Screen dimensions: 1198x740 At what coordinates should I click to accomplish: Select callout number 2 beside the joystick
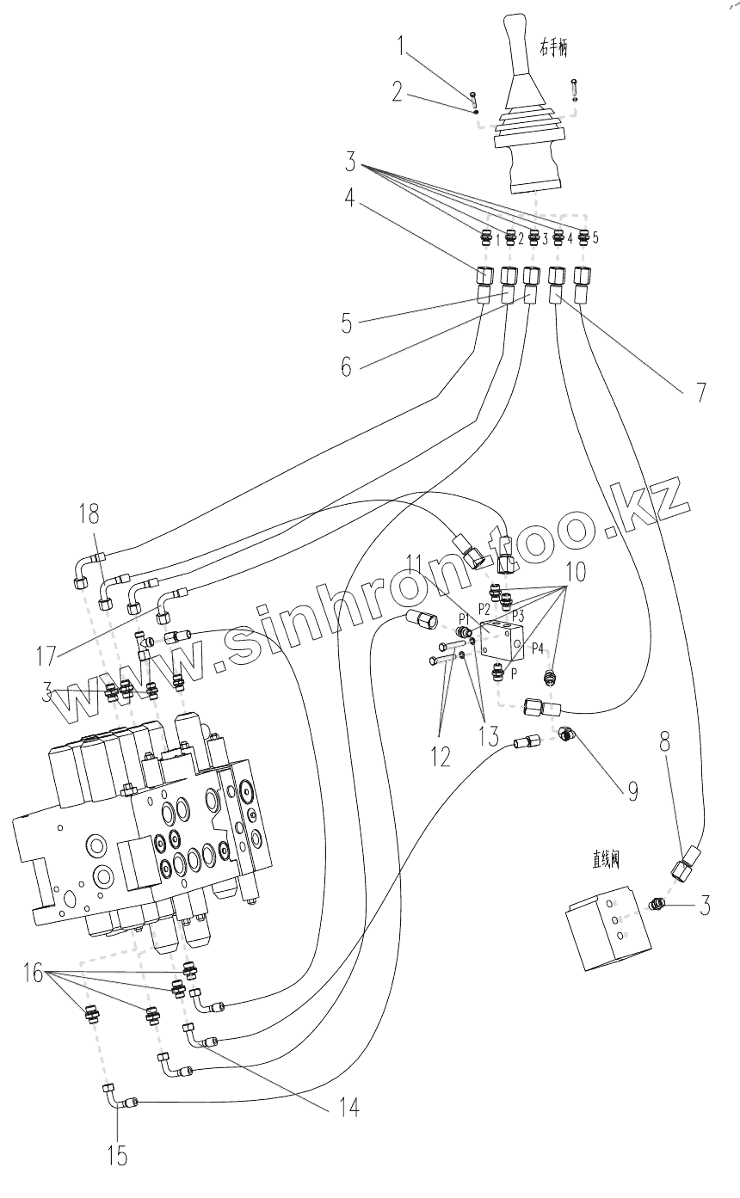[x=397, y=93]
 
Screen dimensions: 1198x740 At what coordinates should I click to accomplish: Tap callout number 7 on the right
[x=700, y=392]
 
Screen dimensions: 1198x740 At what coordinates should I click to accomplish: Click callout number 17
[x=46, y=655]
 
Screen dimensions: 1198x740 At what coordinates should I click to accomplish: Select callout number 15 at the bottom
[x=118, y=1157]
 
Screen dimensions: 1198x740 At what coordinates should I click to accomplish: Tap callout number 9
[x=632, y=790]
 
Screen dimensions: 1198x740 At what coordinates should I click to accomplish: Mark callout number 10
[x=576, y=569]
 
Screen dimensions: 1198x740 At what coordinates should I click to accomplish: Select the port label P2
[x=484, y=608]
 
